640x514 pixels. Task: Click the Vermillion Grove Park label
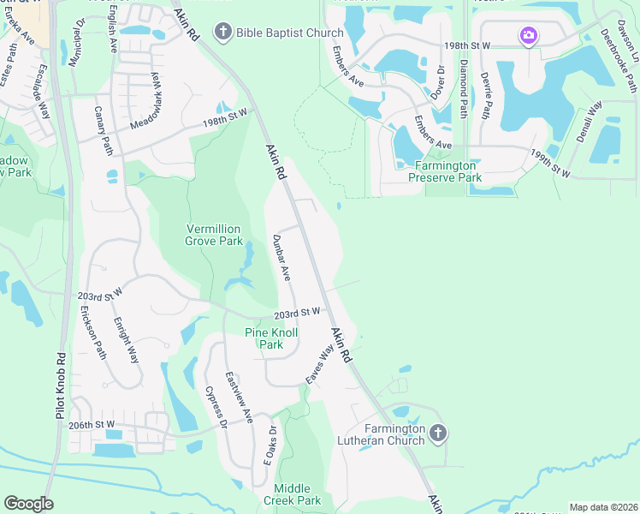coord(214,235)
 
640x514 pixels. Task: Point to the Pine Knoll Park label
coord(264,338)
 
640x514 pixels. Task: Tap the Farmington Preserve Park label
coord(444,171)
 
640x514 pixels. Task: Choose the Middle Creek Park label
coord(292,493)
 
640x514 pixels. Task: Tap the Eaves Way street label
coord(319,364)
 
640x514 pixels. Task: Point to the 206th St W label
coord(92,424)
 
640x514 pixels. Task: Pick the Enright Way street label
coord(127,340)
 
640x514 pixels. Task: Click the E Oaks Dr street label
coord(270,446)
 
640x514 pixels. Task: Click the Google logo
coord(28,504)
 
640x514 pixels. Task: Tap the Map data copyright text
coord(603,507)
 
